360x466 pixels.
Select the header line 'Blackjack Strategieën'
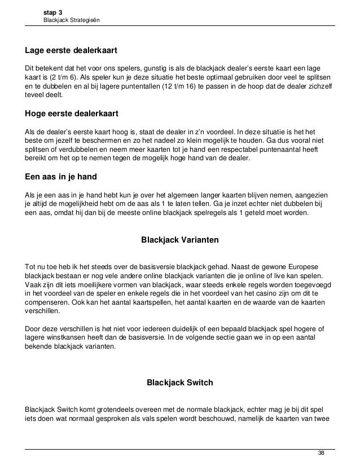pyautogui.click(x=72, y=21)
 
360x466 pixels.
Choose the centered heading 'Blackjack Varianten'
pyautogui.click(x=180, y=240)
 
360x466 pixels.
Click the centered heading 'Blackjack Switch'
pyautogui.click(x=180, y=383)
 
